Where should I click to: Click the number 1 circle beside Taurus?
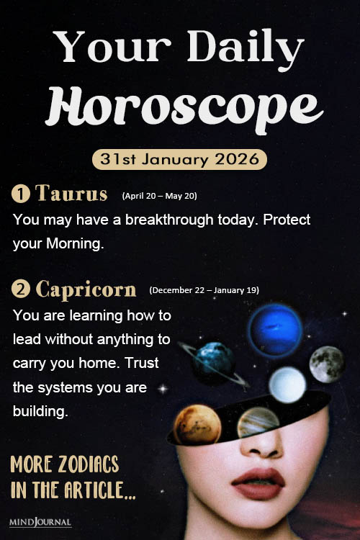coord(20,194)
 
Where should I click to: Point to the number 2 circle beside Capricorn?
coord(20,290)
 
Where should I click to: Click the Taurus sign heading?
coord(71,194)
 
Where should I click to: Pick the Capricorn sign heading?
coord(86,289)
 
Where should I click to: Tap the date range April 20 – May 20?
coord(160,195)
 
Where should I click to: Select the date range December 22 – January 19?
coord(204,290)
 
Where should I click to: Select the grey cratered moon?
coord(327,364)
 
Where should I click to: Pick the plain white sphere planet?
coord(287,385)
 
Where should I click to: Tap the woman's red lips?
coord(258,480)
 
